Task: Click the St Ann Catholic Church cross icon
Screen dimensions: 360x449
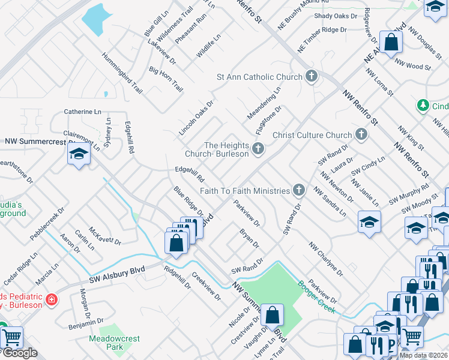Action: (x=311, y=77)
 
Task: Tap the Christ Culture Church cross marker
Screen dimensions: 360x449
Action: (x=361, y=135)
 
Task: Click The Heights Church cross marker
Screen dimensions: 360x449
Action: (x=258, y=149)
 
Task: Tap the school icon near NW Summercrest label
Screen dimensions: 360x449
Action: (x=79, y=155)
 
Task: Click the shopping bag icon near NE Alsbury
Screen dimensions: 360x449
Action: (x=391, y=42)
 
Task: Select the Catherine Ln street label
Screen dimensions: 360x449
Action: (x=83, y=112)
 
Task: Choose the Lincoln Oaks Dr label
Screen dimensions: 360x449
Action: (x=196, y=117)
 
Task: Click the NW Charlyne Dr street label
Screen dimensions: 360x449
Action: (x=326, y=259)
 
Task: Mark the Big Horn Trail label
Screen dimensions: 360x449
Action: (x=166, y=79)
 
